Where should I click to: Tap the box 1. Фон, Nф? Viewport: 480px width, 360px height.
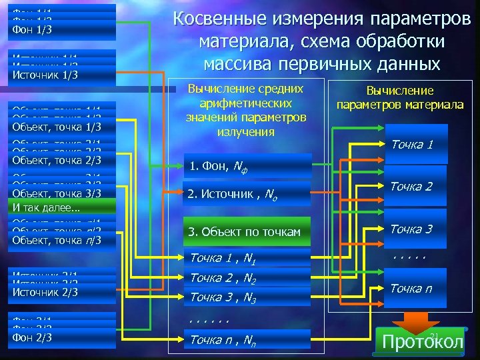click(x=247, y=167)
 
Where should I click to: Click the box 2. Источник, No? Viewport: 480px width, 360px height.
click(x=247, y=195)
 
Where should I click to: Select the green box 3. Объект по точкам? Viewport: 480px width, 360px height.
click(x=247, y=231)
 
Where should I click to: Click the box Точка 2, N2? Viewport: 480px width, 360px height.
click(x=247, y=279)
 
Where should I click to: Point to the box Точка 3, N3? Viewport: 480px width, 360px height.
click(x=247, y=297)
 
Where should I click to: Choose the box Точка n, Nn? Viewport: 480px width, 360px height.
click(x=247, y=340)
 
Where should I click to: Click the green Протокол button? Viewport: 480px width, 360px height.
click(x=421, y=342)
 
